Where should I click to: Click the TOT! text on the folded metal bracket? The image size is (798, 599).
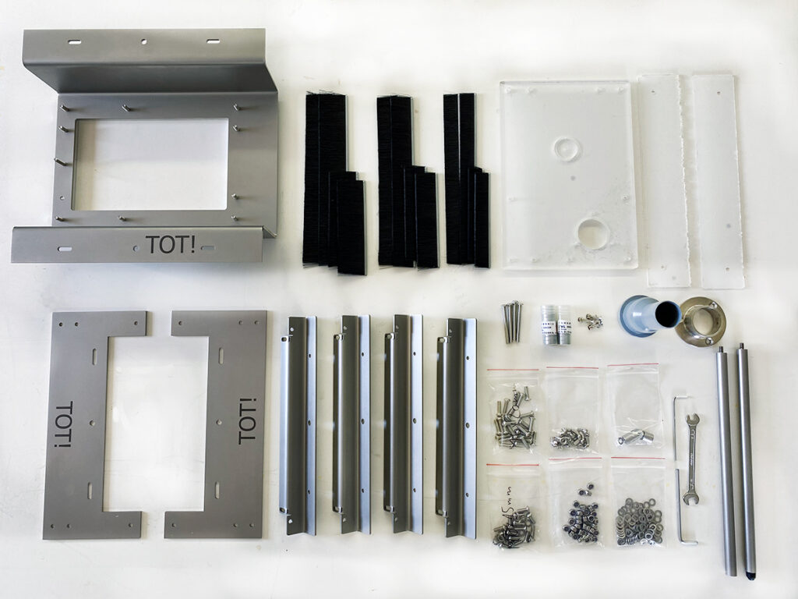coord(171,245)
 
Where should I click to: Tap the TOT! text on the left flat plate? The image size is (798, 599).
coord(64,424)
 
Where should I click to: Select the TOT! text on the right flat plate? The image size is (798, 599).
coord(247,420)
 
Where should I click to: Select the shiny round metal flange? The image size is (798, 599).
coord(699,321)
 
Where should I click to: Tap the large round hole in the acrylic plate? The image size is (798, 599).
coord(593,234)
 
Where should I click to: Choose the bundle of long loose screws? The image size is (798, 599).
coord(511,321)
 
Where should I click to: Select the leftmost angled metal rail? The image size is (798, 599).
coord(298,425)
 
